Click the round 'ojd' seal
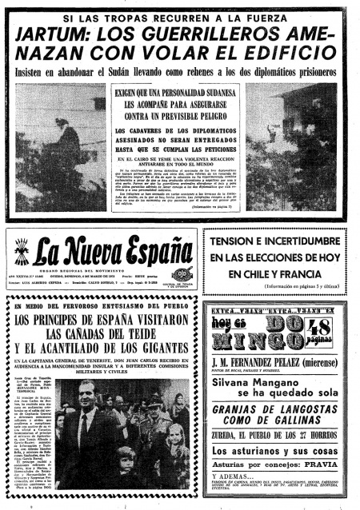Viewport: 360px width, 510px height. click(181, 273)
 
